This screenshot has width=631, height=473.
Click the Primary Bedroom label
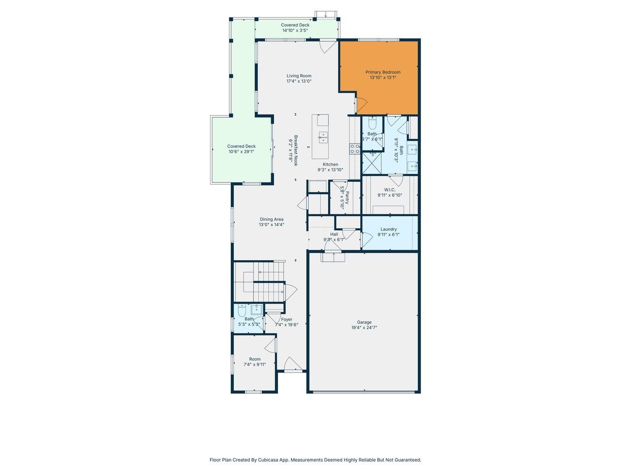coord(383,72)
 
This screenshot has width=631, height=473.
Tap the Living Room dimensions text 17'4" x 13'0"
coord(299,81)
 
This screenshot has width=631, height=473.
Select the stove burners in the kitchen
coord(354,148)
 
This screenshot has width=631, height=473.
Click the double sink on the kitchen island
coord(323,137)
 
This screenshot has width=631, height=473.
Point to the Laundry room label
coord(388,229)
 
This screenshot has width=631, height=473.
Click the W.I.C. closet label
coord(389,190)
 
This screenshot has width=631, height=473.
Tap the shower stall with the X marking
coord(372,161)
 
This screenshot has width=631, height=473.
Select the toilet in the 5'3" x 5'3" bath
coord(242,310)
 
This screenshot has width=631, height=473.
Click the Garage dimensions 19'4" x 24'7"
coord(364,328)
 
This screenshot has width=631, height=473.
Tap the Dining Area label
coord(272,219)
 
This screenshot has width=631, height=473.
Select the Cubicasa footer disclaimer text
coord(315,460)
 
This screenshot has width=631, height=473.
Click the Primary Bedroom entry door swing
coord(361,104)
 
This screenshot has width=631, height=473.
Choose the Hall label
coord(334,234)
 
